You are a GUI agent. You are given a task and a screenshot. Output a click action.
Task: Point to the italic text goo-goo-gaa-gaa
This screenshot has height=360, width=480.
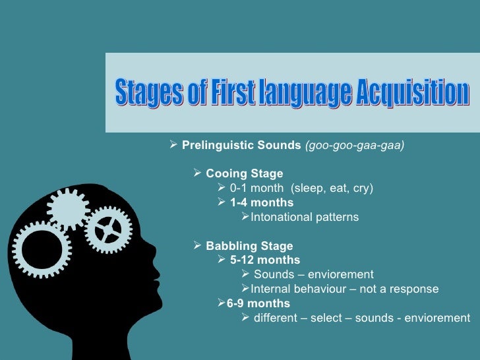pos(354,145)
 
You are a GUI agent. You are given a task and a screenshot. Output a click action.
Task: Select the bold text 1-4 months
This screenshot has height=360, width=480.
pos(262,202)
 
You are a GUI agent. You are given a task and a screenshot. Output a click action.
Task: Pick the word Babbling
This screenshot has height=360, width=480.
pos(231,246)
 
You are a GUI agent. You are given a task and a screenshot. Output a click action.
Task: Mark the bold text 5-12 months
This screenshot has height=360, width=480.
pos(265,260)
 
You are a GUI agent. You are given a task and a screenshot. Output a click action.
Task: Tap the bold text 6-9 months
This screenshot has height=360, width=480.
pos(258,303)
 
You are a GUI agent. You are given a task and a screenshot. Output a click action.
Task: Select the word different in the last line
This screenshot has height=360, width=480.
pos(276,318)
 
